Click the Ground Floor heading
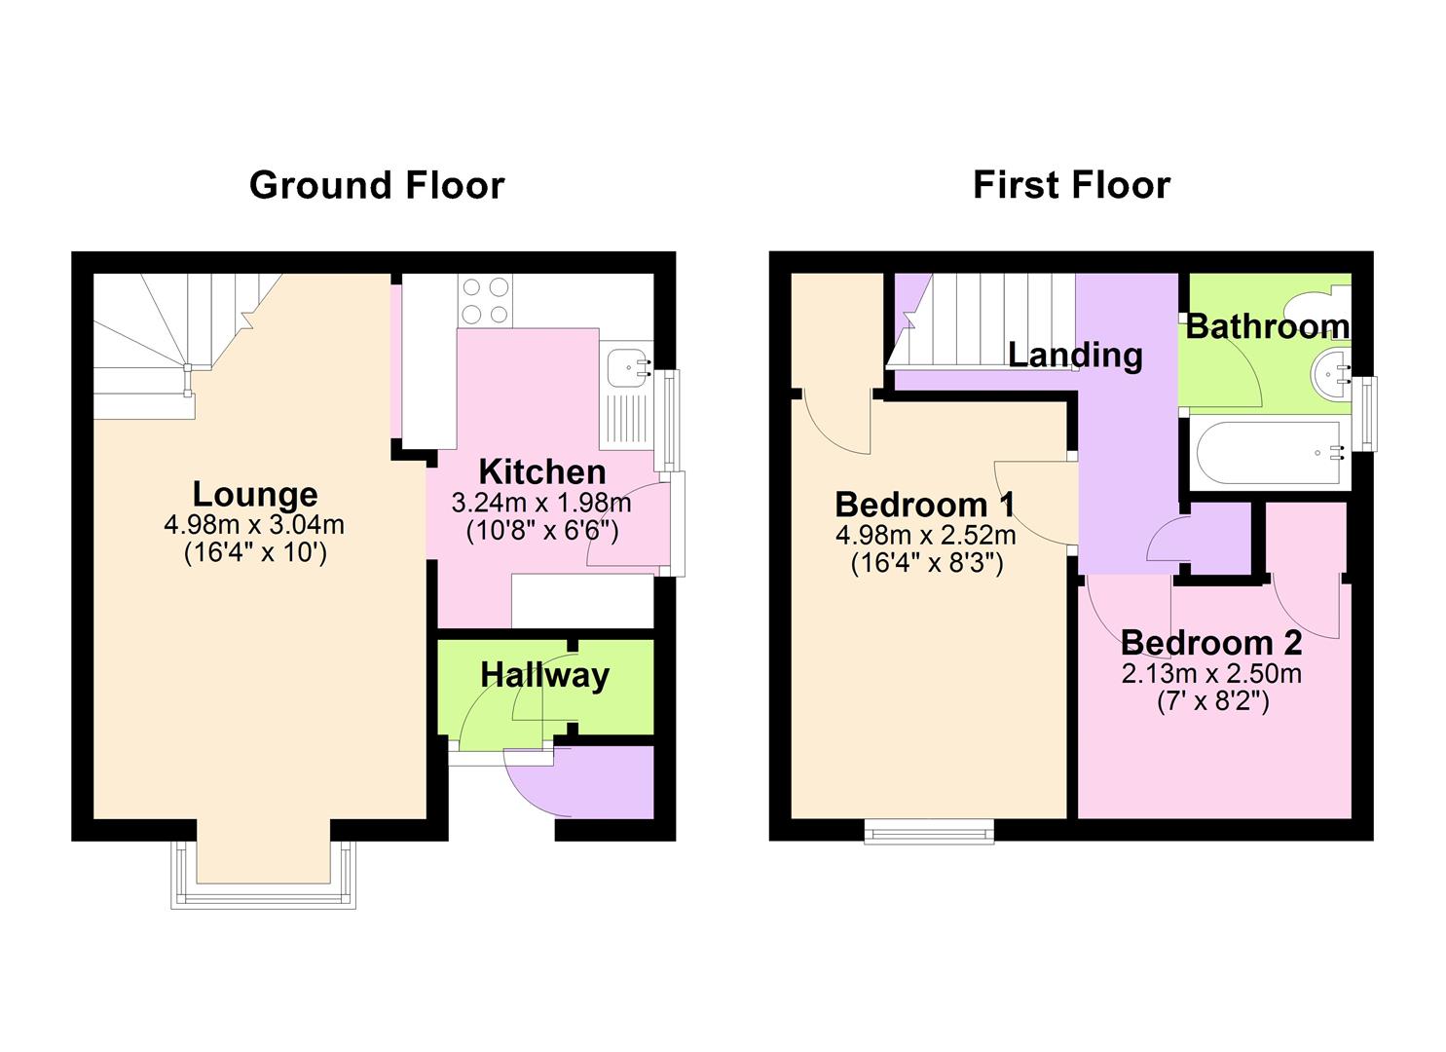click(x=377, y=185)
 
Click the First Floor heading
click(x=1071, y=185)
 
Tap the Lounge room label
click(x=255, y=495)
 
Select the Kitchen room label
click(x=541, y=472)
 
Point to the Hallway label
click(x=544, y=675)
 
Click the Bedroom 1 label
click(x=925, y=505)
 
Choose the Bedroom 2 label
click(x=1211, y=643)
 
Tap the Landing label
click(x=1075, y=355)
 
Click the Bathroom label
click(x=1267, y=326)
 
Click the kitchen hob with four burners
click(x=486, y=300)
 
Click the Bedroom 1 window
click(x=929, y=831)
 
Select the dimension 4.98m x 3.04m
click(x=254, y=526)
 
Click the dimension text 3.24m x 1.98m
click(x=541, y=504)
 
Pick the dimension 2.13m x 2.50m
click(x=1211, y=674)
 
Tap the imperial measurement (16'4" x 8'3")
click(x=926, y=563)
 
